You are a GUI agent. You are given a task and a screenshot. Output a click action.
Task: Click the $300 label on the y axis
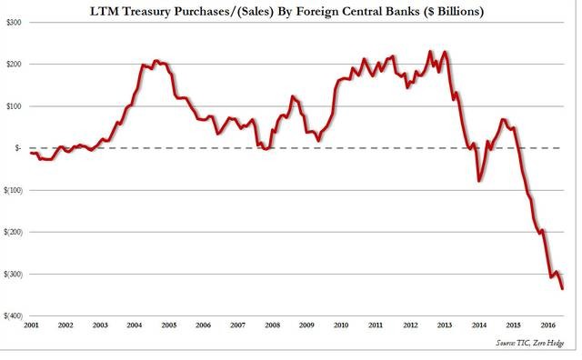pyautogui.click(x=15, y=22)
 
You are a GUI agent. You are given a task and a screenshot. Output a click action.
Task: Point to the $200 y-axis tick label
pyautogui.click(x=15, y=65)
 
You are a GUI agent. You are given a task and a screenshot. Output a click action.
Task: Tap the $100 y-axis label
pyautogui.click(x=15, y=106)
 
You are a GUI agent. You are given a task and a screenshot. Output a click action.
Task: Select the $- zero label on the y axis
pyautogui.click(x=18, y=148)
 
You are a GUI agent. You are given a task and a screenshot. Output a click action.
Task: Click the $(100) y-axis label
pyautogui.click(x=13, y=190)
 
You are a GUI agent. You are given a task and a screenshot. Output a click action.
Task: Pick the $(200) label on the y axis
pyautogui.click(x=13, y=233)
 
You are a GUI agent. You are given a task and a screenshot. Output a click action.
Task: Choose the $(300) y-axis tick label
pyautogui.click(x=13, y=275)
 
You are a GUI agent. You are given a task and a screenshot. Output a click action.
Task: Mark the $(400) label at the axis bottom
pyautogui.click(x=13, y=315)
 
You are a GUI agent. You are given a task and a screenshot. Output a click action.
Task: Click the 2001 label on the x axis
pyautogui.click(x=31, y=325)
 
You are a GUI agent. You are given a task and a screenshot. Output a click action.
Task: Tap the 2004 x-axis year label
pyautogui.click(x=135, y=325)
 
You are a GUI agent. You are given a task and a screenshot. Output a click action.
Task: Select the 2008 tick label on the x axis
pyautogui.click(x=272, y=325)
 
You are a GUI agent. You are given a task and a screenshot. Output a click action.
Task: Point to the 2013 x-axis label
pyautogui.click(x=445, y=325)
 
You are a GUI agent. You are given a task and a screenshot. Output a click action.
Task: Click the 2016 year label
pyautogui.click(x=547, y=325)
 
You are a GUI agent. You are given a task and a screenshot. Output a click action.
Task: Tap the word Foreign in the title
pyautogui.click(x=316, y=12)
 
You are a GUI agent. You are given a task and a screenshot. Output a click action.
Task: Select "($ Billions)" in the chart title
pyautogui.click(x=452, y=12)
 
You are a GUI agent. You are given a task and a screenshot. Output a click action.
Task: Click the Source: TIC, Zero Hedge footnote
pyautogui.click(x=530, y=343)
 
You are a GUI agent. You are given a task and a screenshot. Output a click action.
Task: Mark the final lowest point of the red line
pyautogui.click(x=563, y=288)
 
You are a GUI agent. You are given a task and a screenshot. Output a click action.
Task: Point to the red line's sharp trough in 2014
pyautogui.click(x=479, y=181)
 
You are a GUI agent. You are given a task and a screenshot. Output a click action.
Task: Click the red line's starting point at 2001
pyautogui.click(x=31, y=153)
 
